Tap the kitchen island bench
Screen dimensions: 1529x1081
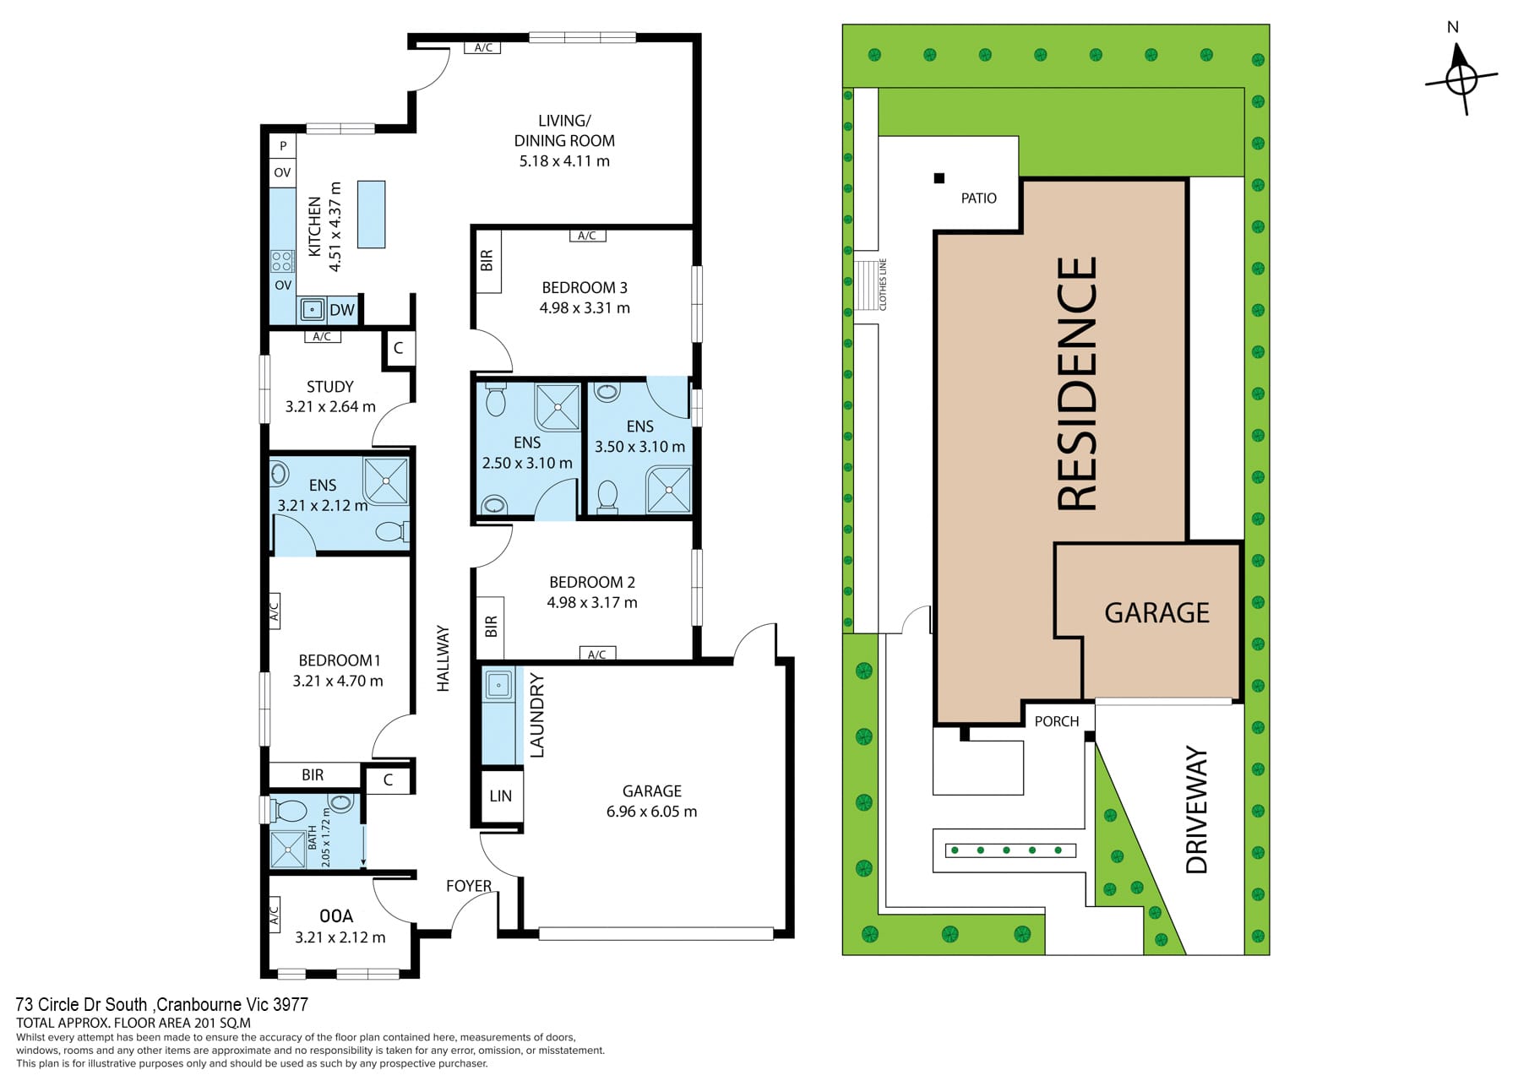coord(371,215)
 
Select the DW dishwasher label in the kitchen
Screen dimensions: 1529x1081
coord(342,310)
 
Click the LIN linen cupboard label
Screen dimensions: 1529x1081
coord(500,796)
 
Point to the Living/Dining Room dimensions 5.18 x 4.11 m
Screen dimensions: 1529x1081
coord(564,160)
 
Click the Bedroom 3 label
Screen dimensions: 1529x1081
coord(585,287)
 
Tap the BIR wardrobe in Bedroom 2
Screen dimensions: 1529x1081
coord(491,627)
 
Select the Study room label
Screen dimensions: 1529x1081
coord(330,387)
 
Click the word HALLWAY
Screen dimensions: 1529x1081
coord(443,659)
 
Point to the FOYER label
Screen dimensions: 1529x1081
coord(469,886)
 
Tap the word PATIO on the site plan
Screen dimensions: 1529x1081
coord(979,198)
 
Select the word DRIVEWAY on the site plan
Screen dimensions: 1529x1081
coord(1197,810)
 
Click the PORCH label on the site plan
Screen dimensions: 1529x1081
coord(1057,721)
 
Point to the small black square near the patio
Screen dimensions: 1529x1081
coord(939,178)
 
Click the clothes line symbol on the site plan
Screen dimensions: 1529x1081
coord(866,285)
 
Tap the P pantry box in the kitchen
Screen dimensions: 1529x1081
coord(282,146)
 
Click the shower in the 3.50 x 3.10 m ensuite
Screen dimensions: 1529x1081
coord(668,489)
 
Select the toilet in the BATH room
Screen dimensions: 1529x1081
coord(289,812)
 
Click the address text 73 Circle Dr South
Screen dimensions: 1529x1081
coord(82,1005)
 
